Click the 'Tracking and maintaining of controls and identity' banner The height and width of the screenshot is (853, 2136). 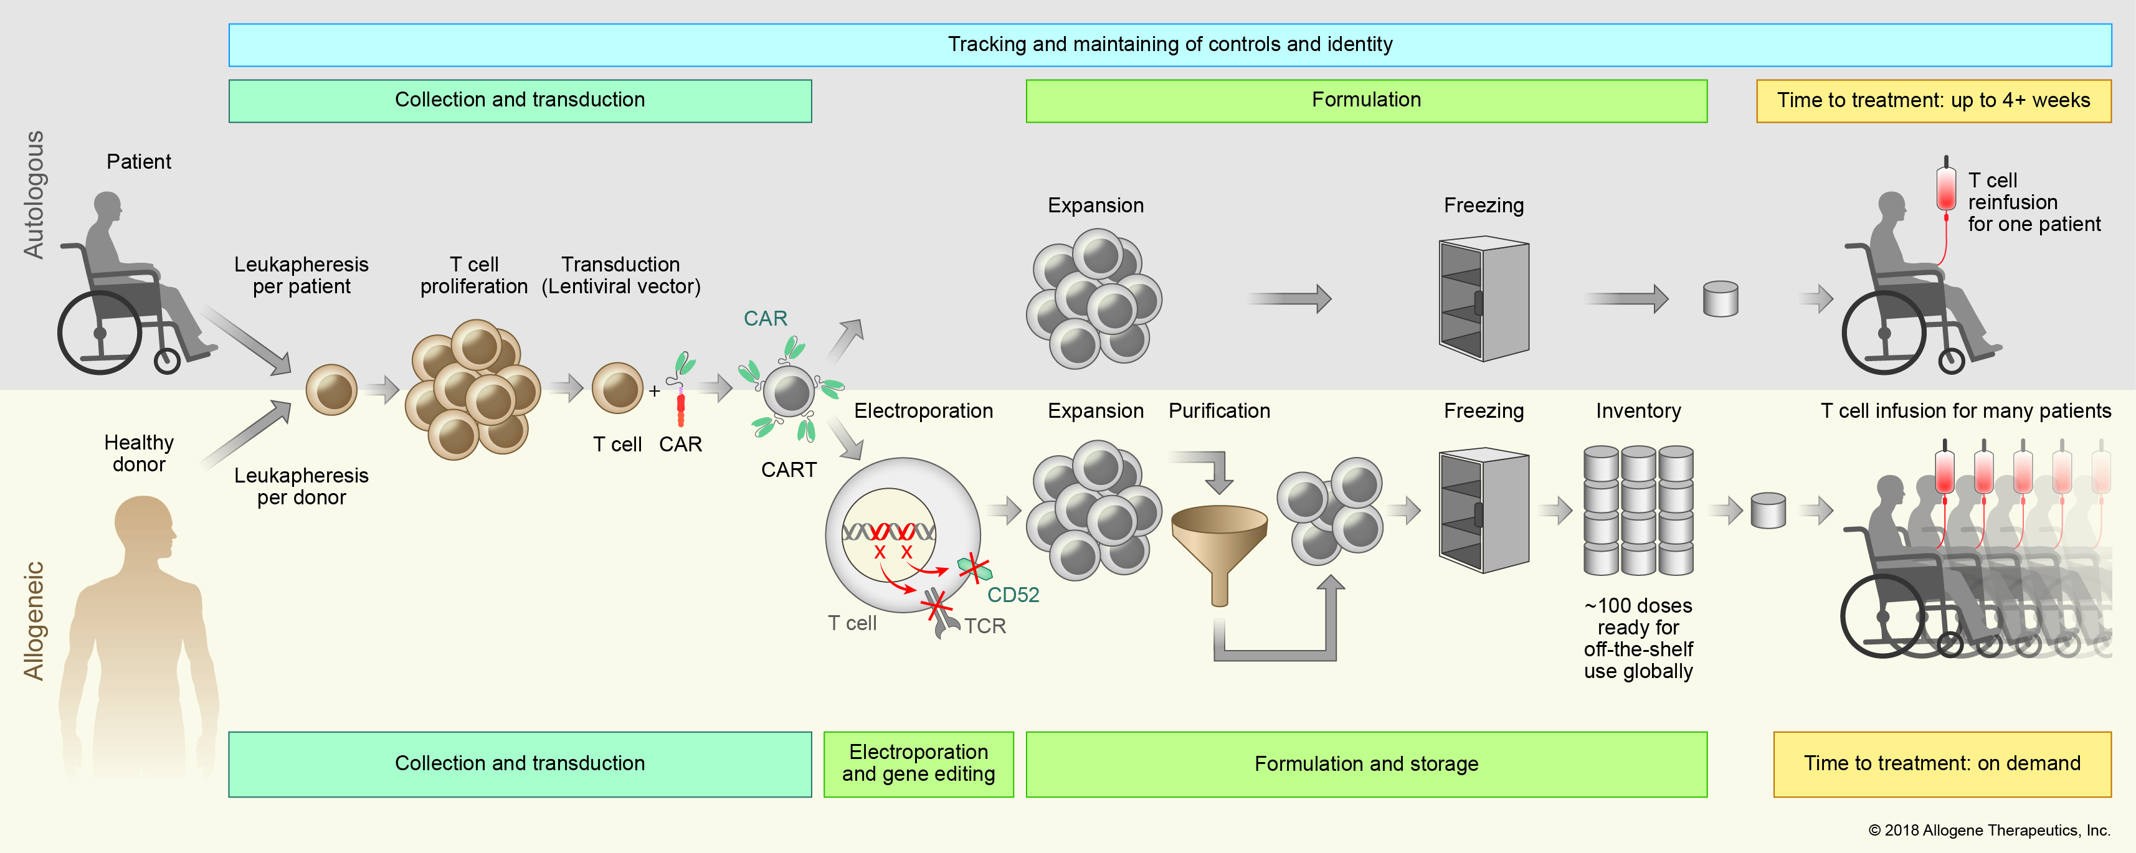coord(1169,45)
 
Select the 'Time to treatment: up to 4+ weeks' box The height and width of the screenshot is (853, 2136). coord(1933,101)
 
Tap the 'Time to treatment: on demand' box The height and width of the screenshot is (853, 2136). coord(1942,763)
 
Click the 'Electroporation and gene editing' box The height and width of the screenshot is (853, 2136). coord(918,763)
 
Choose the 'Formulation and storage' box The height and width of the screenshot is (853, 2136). coord(1365,763)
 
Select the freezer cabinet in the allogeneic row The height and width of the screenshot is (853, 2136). coord(1483,510)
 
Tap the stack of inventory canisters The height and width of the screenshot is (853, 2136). coord(1638,510)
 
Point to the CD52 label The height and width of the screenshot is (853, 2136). coord(1012,595)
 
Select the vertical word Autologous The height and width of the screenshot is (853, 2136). coord(33,195)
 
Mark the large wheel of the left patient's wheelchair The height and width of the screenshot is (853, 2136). coord(100,333)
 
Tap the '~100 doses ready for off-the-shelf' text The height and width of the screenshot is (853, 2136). coord(1638,638)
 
